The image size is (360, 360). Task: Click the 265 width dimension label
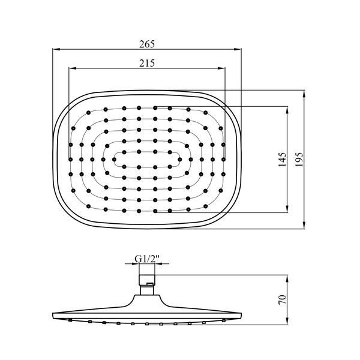tap(147, 44)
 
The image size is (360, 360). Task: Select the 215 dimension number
tap(147, 63)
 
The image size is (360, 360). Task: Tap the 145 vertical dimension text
tap(282, 160)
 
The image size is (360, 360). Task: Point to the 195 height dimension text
tap(299, 160)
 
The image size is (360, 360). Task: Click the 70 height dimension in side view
tap(282, 299)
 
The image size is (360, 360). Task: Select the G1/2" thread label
tap(147, 259)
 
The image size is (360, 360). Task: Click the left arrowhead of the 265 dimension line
tap(56, 49)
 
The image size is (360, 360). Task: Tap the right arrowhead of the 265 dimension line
tap(238, 49)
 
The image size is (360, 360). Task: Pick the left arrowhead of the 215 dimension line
tap(73, 68)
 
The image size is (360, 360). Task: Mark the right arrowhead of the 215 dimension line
tap(221, 68)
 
